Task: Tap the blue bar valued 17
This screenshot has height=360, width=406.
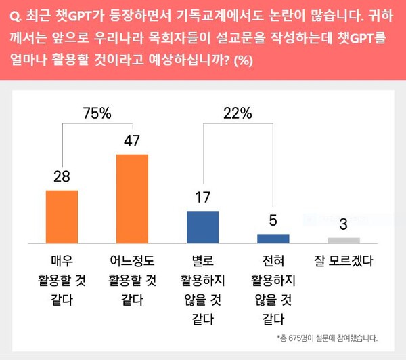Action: pyautogui.click(x=202, y=226)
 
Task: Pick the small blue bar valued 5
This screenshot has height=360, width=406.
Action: pyautogui.click(x=273, y=238)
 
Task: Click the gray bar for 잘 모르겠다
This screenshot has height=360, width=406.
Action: pyautogui.click(x=344, y=240)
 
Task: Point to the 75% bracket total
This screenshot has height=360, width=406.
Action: pyautogui.click(x=97, y=114)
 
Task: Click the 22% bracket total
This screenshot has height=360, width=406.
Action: pyautogui.click(x=238, y=114)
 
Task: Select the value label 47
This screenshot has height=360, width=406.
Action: pyautogui.click(x=132, y=141)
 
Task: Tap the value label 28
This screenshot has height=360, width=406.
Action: pyautogui.click(x=62, y=177)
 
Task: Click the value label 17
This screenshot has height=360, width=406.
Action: pyautogui.click(x=202, y=198)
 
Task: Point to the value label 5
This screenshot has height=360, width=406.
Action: pyautogui.click(x=273, y=221)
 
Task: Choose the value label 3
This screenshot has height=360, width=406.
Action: pyautogui.click(x=344, y=224)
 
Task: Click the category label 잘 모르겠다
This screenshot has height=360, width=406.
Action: pyautogui.click(x=344, y=260)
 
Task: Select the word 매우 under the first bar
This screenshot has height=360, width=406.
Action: pyautogui.click(x=62, y=260)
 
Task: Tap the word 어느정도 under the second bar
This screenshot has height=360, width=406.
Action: pyautogui.click(x=132, y=260)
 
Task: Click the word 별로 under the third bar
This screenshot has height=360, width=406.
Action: pyautogui.click(x=202, y=260)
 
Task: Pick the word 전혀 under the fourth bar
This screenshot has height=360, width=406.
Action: pyautogui.click(x=273, y=260)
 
